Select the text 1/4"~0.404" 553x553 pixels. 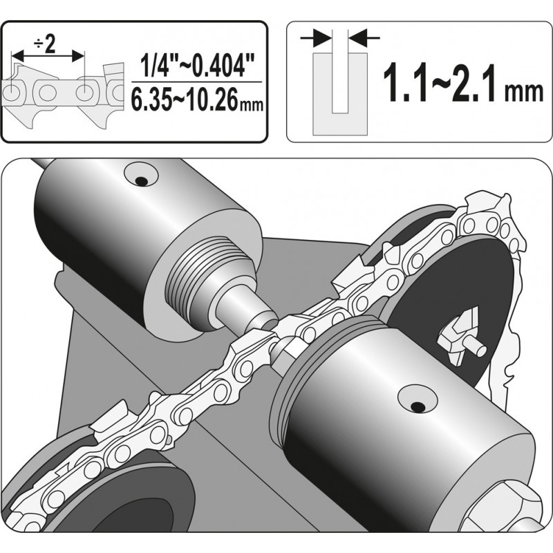click(196, 67)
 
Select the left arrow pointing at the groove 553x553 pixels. click(319, 36)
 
